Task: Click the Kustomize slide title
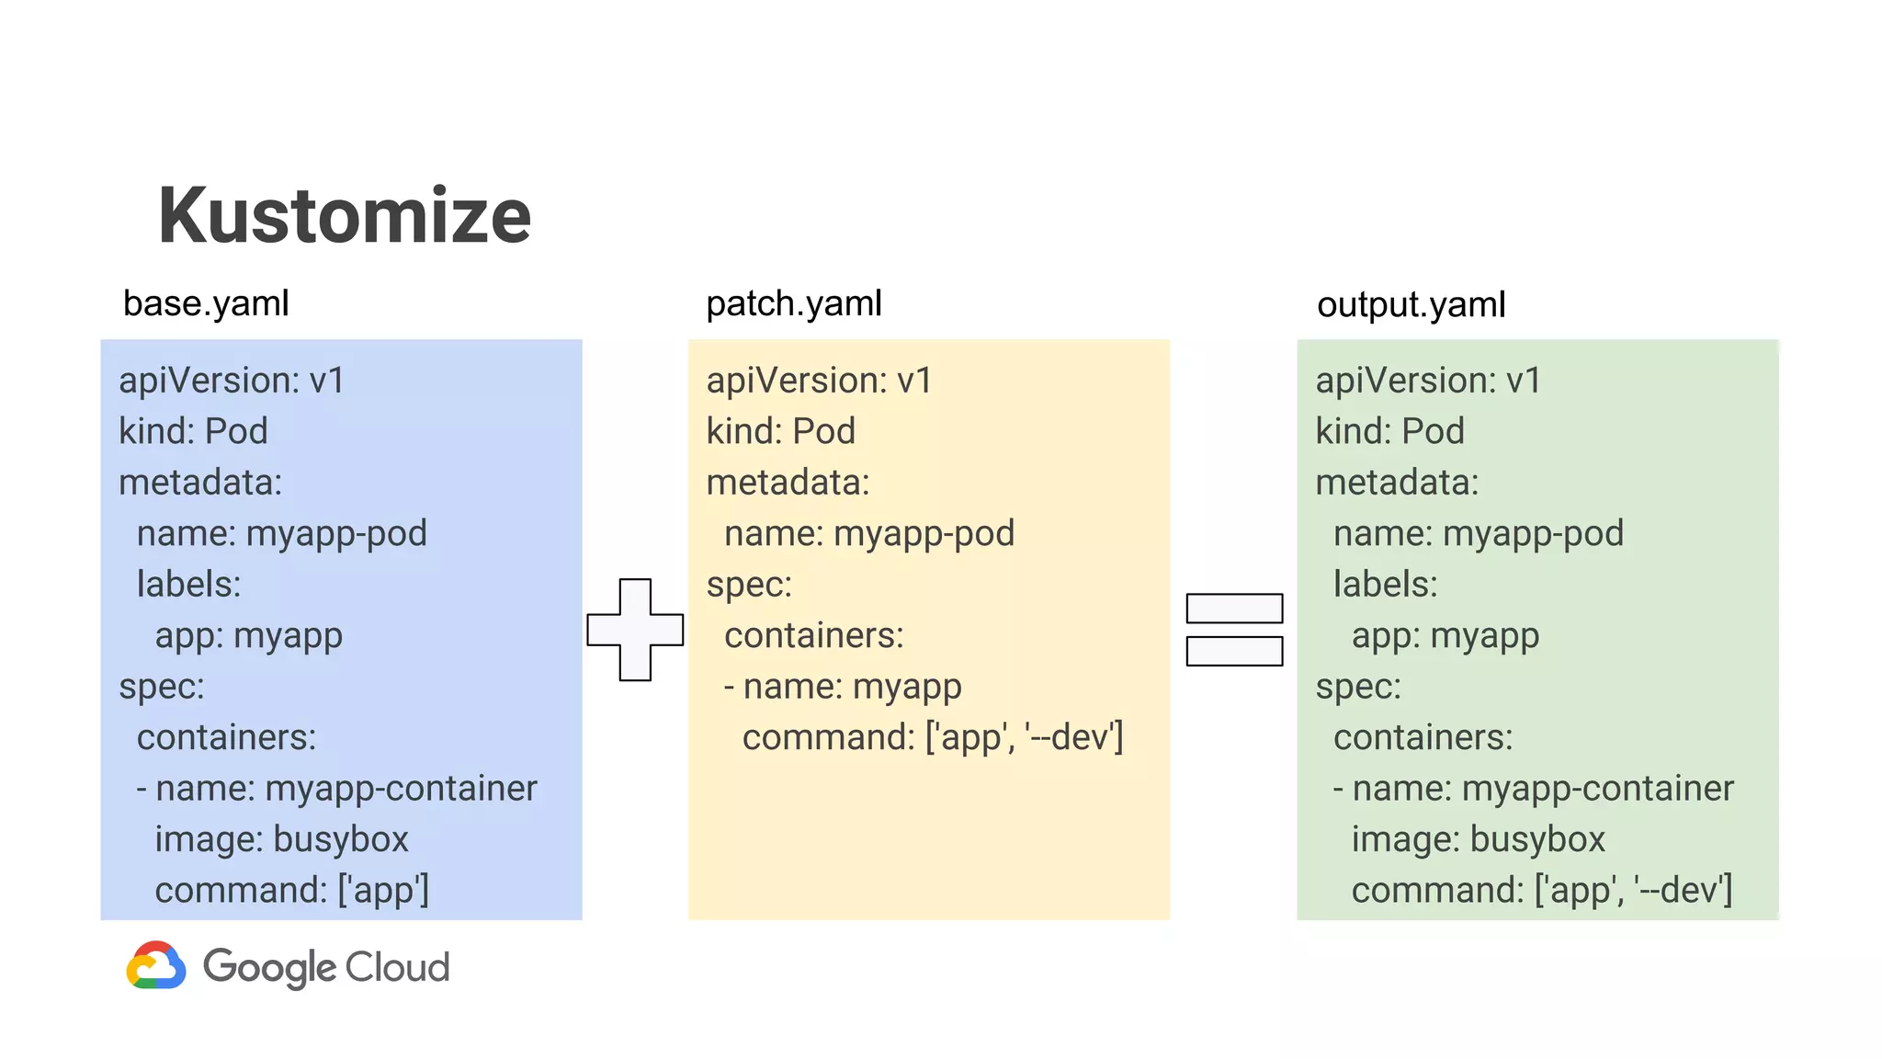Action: pos(345,216)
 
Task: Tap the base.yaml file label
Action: pos(206,303)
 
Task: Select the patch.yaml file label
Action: pos(793,303)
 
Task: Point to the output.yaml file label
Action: pos(1411,304)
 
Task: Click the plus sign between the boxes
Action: pos(635,630)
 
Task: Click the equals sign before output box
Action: pos(1234,630)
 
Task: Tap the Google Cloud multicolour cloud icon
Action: pos(156,965)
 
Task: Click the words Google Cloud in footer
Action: pos(326,967)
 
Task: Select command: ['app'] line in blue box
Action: pos(291,890)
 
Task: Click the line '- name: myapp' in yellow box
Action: pos(843,687)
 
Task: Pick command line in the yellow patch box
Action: pos(932,737)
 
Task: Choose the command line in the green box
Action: pos(1541,890)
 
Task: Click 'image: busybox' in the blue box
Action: pos(281,839)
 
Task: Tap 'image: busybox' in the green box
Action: pos(1478,839)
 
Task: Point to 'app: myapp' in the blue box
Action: pos(248,636)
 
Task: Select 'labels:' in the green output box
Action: pos(1385,585)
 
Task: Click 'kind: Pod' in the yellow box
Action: pos(780,431)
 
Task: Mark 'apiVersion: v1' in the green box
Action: pos(1427,381)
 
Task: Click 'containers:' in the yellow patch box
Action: pos(813,636)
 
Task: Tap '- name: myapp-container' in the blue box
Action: pos(336,789)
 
